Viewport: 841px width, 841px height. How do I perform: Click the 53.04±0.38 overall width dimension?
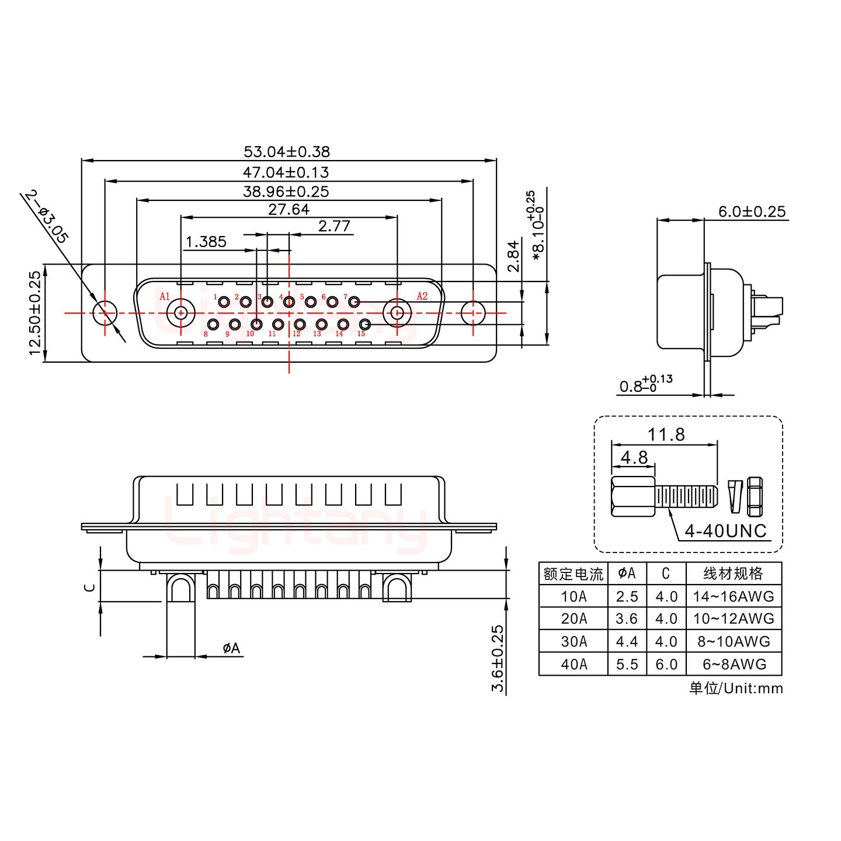[286, 152]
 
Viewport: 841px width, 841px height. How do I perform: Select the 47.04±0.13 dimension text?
[286, 172]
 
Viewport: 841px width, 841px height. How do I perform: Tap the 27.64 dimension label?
[289, 209]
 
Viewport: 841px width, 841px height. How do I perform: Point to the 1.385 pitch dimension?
[206, 242]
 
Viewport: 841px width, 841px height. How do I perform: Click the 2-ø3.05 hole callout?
[47, 216]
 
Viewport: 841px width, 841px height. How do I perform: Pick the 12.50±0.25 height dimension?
[35, 312]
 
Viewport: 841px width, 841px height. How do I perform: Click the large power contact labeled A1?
[180, 312]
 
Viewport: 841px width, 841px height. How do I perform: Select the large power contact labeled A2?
[397, 312]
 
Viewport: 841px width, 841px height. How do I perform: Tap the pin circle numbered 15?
[364, 325]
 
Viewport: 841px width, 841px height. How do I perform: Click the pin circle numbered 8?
[214, 325]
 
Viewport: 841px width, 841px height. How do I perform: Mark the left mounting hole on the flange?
[105, 312]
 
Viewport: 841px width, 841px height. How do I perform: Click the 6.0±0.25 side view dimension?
[752, 211]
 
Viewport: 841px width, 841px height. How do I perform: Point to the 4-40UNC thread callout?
[725, 531]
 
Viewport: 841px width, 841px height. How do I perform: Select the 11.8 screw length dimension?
[666, 435]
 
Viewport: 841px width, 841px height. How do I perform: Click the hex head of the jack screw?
[633, 497]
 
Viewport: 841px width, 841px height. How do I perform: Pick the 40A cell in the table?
[574, 664]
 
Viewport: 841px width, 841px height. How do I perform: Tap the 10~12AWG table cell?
[734, 618]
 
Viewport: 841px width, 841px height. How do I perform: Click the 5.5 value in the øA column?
[627, 664]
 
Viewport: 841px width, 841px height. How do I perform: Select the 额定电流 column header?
[573, 574]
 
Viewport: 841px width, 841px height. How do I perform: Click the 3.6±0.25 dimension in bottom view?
[498, 658]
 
